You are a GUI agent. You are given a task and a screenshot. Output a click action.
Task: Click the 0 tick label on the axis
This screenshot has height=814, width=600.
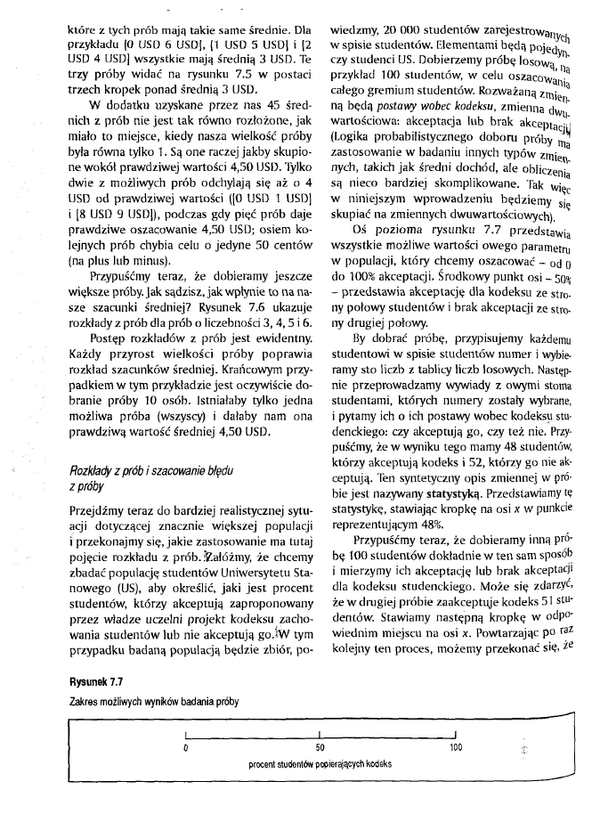point(185,745)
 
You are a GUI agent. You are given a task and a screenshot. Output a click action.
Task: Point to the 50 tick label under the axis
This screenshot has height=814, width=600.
point(320,745)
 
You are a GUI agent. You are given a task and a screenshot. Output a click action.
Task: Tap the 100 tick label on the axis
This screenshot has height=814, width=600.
point(456,745)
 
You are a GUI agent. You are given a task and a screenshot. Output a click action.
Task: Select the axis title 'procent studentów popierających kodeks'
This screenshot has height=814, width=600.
point(320,764)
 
